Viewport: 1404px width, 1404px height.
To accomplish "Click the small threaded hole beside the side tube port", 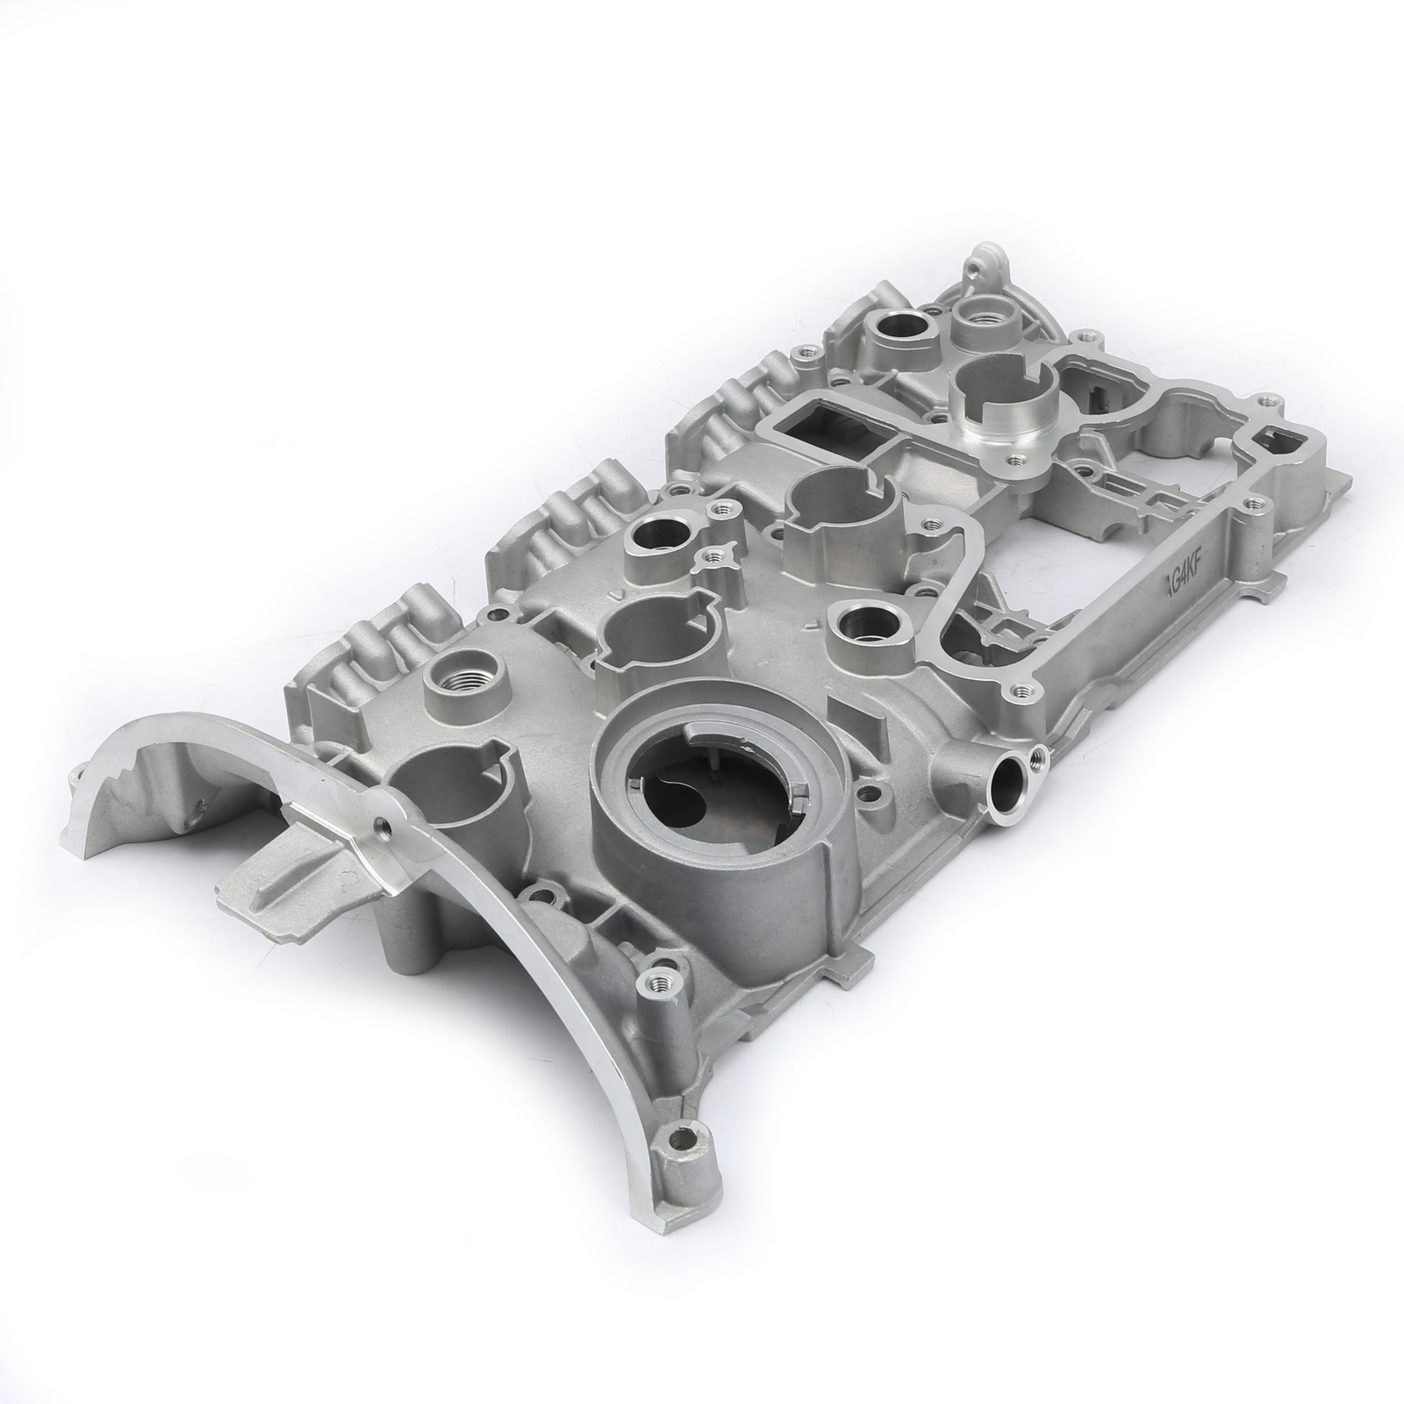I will click(x=1036, y=753).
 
